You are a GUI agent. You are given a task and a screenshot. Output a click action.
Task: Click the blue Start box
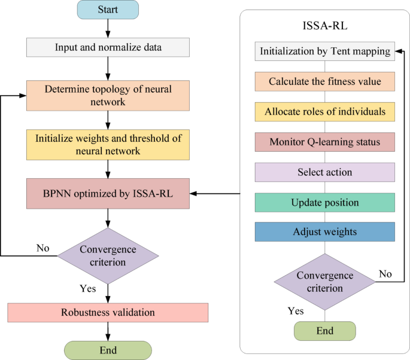(108, 10)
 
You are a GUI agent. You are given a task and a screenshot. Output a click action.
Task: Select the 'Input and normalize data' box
(108, 47)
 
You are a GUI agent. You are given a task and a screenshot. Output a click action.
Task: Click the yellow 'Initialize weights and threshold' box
(108, 145)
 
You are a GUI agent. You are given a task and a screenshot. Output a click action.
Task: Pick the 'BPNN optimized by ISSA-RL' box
(108, 193)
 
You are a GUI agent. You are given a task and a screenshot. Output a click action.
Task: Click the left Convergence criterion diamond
(108, 255)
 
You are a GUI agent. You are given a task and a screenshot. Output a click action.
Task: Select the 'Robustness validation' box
(108, 312)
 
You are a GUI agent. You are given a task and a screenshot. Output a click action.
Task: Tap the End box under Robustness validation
(108, 350)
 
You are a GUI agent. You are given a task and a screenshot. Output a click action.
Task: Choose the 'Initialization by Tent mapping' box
(324, 51)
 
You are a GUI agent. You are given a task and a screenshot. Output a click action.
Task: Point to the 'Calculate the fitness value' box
(324, 81)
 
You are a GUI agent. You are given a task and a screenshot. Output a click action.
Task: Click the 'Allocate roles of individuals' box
(324, 111)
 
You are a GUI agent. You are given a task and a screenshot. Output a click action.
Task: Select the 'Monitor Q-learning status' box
(324, 142)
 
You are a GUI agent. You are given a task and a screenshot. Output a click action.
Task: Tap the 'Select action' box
(324, 172)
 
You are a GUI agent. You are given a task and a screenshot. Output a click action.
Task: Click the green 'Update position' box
(324, 202)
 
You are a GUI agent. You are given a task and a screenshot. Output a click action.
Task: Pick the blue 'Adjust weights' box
(324, 232)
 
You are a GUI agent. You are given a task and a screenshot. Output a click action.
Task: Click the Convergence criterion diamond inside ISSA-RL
(324, 281)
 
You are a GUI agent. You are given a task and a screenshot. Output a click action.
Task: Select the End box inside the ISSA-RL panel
(324, 331)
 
